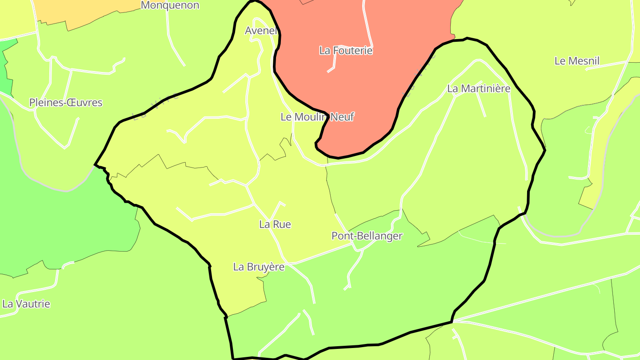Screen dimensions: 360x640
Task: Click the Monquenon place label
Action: pos(170,5)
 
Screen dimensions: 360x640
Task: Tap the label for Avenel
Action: pos(261,31)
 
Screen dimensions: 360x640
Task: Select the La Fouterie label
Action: pos(346,51)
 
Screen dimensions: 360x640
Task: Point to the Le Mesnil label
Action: pos(577,61)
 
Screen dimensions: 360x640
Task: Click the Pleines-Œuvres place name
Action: pos(66,103)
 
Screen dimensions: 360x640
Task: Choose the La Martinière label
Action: pos(479,88)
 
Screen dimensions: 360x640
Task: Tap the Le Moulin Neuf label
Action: pos(317,117)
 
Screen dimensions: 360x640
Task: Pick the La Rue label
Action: pos(275,224)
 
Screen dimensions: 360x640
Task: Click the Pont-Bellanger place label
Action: pos(367,236)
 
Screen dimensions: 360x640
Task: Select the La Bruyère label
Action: pos(259,267)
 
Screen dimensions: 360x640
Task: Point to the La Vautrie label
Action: pos(26,304)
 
